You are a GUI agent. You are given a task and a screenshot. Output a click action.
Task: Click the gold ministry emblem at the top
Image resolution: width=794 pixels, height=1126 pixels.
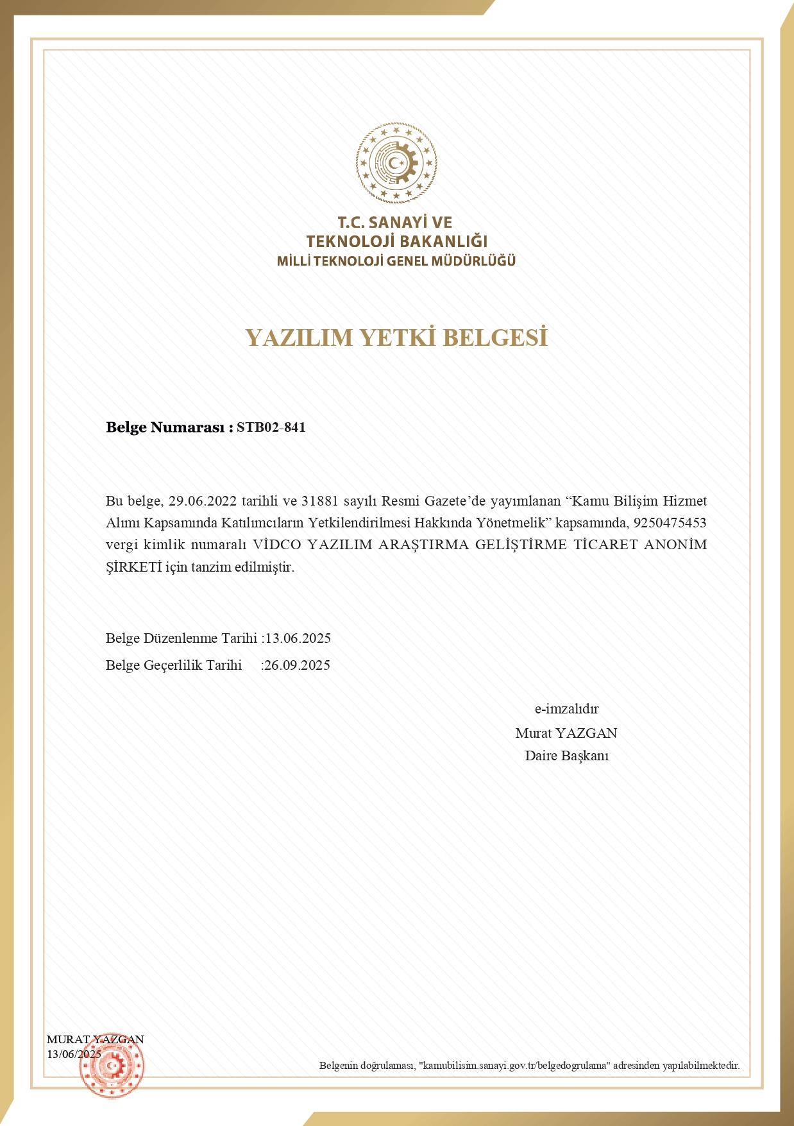(x=396, y=162)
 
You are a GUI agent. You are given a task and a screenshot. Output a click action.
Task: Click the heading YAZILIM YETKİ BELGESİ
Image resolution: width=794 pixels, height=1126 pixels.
(x=396, y=337)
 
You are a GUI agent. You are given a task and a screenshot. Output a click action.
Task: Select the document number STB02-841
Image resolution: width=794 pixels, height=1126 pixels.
(x=271, y=427)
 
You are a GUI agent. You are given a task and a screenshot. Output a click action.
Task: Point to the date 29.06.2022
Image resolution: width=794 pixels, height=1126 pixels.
(x=203, y=500)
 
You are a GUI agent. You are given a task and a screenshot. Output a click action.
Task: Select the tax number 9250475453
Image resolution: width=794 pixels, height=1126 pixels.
(x=670, y=522)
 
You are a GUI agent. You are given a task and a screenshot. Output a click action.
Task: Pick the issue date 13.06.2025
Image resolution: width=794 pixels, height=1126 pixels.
(x=298, y=638)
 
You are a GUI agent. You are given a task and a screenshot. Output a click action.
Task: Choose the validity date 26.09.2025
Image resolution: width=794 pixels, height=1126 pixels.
(x=298, y=665)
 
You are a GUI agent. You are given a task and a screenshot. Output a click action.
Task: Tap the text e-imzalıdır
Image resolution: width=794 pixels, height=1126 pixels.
(x=566, y=709)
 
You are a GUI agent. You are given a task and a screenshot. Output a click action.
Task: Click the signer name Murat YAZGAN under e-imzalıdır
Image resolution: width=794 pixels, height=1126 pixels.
(x=566, y=733)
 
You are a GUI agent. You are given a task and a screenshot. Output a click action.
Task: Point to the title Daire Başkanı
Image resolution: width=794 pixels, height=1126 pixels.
(x=566, y=756)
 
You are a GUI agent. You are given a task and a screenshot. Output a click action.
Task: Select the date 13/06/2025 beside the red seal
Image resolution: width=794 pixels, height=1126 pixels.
(x=74, y=1054)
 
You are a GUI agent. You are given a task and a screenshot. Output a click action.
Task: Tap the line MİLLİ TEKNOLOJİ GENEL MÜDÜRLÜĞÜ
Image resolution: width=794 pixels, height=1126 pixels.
(x=396, y=261)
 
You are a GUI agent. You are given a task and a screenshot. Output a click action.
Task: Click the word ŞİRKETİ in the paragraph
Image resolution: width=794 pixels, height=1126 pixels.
(x=133, y=567)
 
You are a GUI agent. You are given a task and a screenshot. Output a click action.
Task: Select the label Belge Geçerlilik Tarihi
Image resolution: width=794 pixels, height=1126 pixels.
(x=174, y=665)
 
